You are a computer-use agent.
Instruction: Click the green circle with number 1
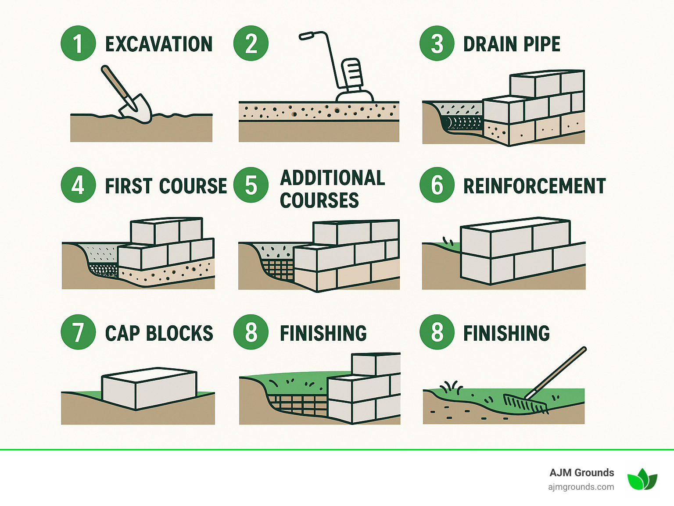click(x=78, y=43)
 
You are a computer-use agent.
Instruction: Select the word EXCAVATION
click(x=159, y=44)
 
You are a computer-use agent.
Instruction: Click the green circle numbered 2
click(x=251, y=43)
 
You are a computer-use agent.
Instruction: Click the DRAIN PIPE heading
click(x=512, y=44)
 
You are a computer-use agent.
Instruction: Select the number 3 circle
click(x=437, y=43)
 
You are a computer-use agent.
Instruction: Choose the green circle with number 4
click(x=78, y=185)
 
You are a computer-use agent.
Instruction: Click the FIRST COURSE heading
click(x=166, y=186)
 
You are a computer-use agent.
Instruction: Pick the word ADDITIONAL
click(x=333, y=178)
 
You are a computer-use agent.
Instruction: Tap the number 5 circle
click(x=251, y=185)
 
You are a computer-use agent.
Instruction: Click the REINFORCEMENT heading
click(x=534, y=186)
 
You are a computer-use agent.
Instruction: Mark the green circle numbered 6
click(x=437, y=185)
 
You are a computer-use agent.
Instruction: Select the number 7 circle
click(x=78, y=332)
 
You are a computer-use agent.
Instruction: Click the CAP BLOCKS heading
click(x=159, y=333)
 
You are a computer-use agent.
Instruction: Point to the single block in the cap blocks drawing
click(x=149, y=388)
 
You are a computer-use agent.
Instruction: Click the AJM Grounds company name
click(x=581, y=472)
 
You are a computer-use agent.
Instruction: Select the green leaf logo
click(x=642, y=479)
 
